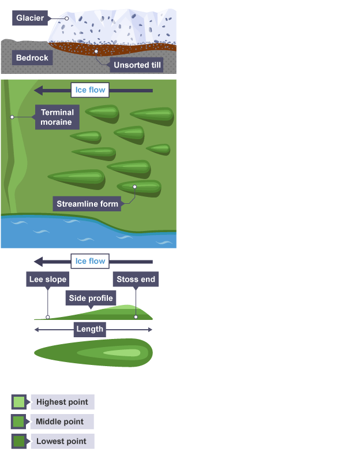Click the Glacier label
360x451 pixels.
pyautogui.click(x=29, y=18)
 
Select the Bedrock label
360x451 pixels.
pyautogui.click(x=32, y=58)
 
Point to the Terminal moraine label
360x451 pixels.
pyautogui.click(x=57, y=117)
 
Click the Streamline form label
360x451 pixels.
pyautogui.click(x=87, y=204)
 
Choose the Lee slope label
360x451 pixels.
pyautogui.click(x=48, y=280)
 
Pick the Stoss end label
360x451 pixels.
pyautogui.click(x=136, y=280)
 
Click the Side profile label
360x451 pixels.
pyautogui.click(x=91, y=298)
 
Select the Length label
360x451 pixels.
pyautogui.click(x=89, y=329)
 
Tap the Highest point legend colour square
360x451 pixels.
pyautogui.click(x=19, y=402)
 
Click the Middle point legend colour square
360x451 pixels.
pyautogui.click(x=19, y=422)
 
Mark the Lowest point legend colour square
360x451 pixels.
pyautogui.click(x=19, y=442)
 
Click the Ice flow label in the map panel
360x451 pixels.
pyautogui.click(x=90, y=90)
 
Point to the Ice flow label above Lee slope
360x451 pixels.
pyautogui.click(x=90, y=261)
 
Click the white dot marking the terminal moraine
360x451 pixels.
pyautogui.click(x=11, y=117)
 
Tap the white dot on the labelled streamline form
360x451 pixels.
pyautogui.click(x=135, y=187)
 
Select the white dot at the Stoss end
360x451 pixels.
pyautogui.click(x=136, y=316)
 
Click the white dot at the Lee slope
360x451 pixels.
pyautogui.click(x=48, y=317)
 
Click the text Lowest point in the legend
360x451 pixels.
pyautogui.click(x=61, y=442)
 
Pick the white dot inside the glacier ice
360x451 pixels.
pyautogui.click(x=67, y=18)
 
